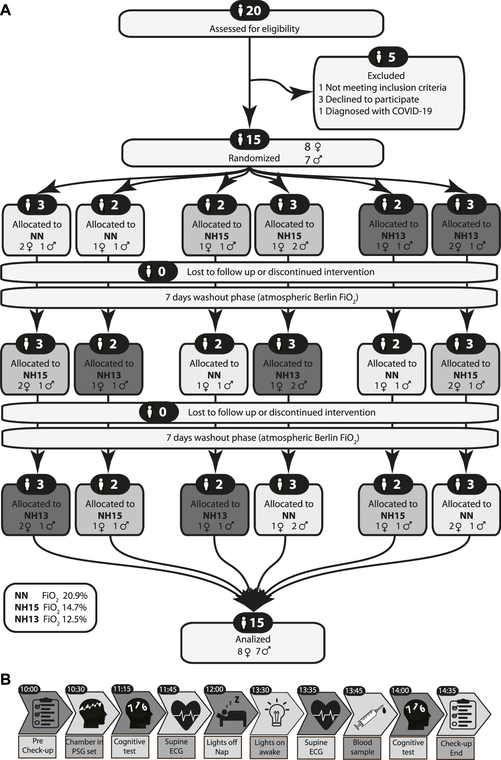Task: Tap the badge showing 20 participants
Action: [x=250, y=11]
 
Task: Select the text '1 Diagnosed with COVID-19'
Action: [x=375, y=111]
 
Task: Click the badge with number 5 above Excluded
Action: [x=388, y=57]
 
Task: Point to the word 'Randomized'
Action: [x=254, y=158]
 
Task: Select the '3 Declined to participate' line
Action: [x=369, y=99]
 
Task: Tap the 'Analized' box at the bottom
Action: [x=253, y=646]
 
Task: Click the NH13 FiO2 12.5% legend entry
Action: [x=51, y=619]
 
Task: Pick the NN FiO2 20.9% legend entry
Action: [x=51, y=596]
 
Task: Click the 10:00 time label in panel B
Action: [x=29, y=689]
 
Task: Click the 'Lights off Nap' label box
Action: [x=222, y=747]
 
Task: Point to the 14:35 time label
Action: [x=447, y=690]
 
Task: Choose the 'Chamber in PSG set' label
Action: [x=84, y=746]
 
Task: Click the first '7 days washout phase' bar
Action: [x=249, y=297]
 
